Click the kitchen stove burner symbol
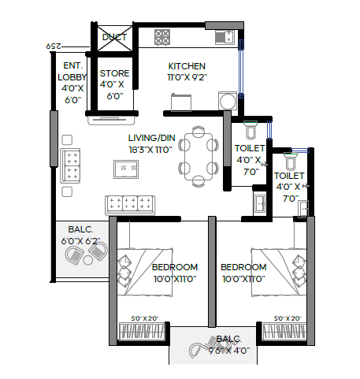tap(163, 36)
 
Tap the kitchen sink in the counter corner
tap(224, 36)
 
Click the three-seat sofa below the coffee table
tap(131, 203)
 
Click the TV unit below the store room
tap(110, 120)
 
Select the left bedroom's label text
tap(174, 273)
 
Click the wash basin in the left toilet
tap(258, 203)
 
